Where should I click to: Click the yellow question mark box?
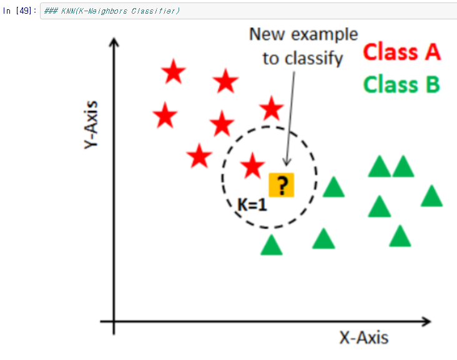(281, 185)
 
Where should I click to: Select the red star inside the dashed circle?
(252, 166)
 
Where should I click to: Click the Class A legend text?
(401, 52)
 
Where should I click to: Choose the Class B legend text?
(401, 84)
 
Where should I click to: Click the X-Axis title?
(363, 338)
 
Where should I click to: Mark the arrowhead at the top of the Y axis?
(113, 42)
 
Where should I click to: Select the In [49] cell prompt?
(21, 12)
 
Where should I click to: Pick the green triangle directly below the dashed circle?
(271, 245)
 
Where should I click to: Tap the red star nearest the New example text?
(271, 110)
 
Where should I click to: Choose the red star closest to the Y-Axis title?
(165, 115)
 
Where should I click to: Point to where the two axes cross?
(114, 322)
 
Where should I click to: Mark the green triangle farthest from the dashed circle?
(431, 197)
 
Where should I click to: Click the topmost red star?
(174, 73)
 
